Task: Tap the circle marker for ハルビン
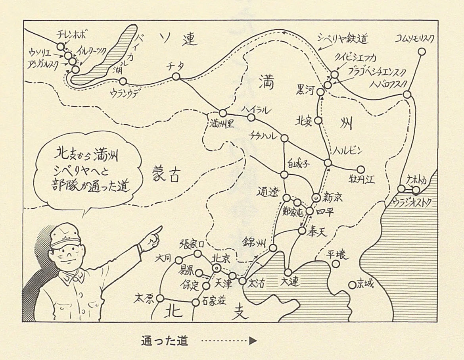tap(328, 163)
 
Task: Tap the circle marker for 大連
tap(288, 272)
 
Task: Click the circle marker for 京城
tap(351, 285)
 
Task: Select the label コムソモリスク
tap(415, 38)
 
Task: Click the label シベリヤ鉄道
tap(343, 39)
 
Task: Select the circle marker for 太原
tap(161, 298)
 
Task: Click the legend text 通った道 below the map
tap(164, 341)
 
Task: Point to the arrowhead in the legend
tap(253, 341)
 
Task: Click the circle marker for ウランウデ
tap(123, 81)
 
